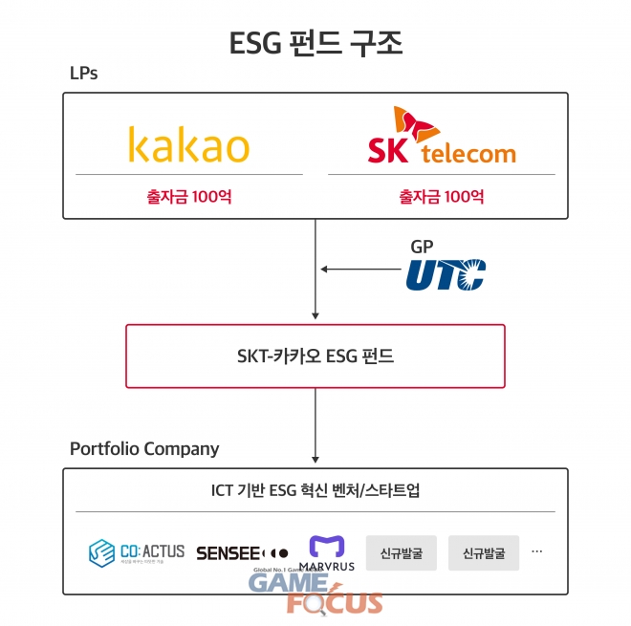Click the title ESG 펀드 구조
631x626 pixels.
coord(315,43)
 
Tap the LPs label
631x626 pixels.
coord(83,74)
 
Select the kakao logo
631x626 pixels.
coord(188,146)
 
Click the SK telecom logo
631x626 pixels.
coord(441,140)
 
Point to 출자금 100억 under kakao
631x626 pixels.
coord(188,197)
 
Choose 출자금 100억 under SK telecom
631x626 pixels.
coord(441,197)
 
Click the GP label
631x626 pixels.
coord(422,247)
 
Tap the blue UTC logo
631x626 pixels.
coord(446,274)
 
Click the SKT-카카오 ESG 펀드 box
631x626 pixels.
coord(315,356)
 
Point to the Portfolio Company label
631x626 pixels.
coord(144,448)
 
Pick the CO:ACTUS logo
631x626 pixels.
coord(136,552)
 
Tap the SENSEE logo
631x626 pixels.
coord(241,552)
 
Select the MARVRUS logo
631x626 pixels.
coord(328,551)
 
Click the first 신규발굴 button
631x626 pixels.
coord(401,552)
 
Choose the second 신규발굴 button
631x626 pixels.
coord(484,552)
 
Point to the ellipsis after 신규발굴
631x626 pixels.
coord(536,551)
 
